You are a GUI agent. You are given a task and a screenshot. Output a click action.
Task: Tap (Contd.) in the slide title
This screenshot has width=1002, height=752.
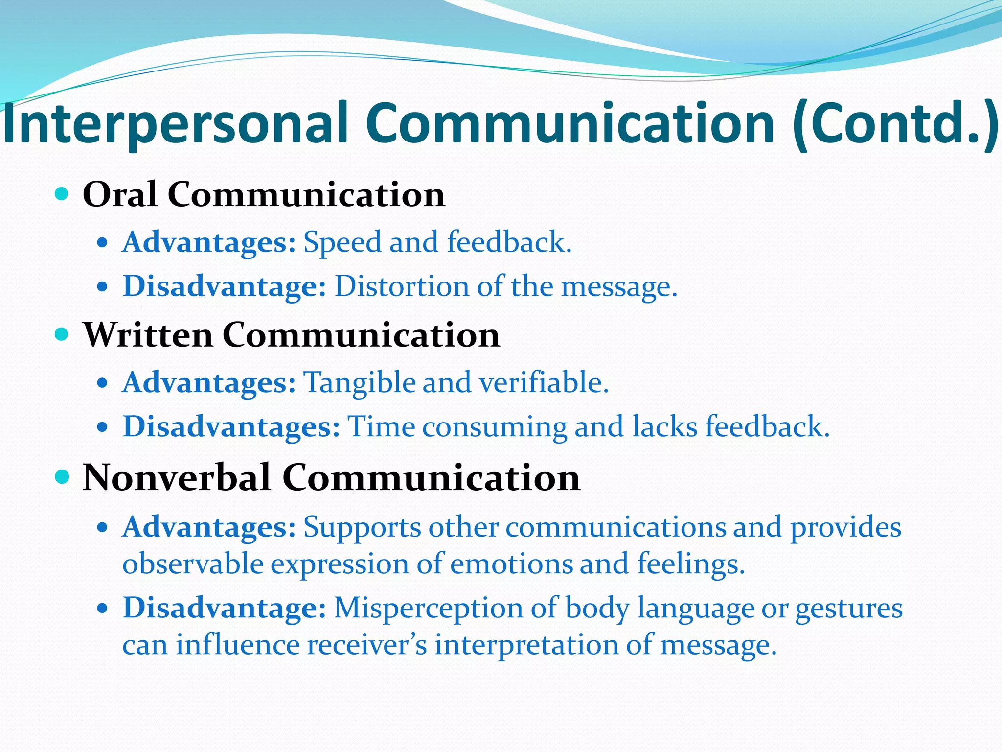[x=895, y=125]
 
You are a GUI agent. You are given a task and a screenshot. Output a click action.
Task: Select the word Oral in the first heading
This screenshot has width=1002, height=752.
[x=120, y=194]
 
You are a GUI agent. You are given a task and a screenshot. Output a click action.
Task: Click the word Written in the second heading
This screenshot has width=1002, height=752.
[x=148, y=335]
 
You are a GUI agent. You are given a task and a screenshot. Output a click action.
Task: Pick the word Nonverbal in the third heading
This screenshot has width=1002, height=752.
[x=177, y=477]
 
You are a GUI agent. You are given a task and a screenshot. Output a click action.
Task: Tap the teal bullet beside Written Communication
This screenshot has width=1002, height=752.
[x=62, y=335]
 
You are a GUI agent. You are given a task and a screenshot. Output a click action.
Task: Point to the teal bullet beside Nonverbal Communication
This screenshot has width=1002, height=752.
[x=62, y=476]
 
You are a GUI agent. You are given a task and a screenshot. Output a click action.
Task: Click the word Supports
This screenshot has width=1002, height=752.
[x=362, y=528]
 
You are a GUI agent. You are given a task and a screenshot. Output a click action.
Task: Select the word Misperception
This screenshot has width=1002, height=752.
[x=429, y=609]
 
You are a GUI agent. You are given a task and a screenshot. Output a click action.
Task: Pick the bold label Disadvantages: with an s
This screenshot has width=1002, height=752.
[x=231, y=426]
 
